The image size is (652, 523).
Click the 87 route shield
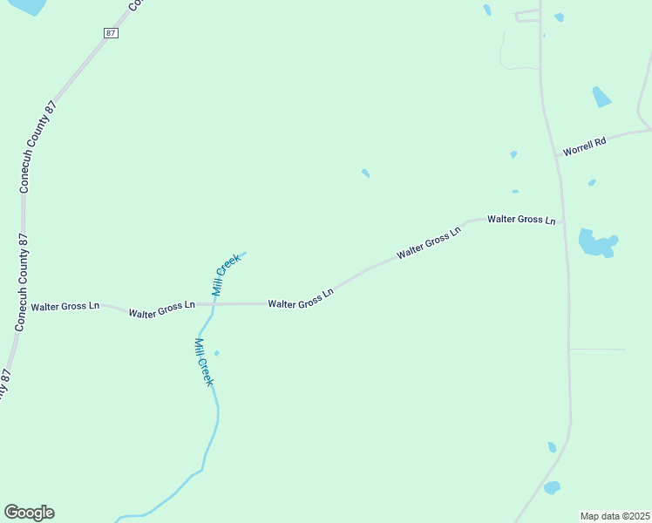click(110, 32)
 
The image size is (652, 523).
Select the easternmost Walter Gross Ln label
click(521, 220)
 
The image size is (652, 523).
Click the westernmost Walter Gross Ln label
click(65, 307)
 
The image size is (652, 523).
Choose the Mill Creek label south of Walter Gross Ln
click(204, 362)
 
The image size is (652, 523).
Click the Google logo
click(29, 513)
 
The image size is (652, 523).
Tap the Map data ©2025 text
click(615, 516)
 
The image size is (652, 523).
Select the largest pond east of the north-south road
click(596, 243)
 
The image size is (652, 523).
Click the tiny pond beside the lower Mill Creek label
click(216, 353)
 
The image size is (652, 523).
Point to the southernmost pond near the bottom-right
click(552, 488)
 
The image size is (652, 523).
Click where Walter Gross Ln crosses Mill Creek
click(214, 304)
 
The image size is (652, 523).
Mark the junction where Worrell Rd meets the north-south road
click(556, 157)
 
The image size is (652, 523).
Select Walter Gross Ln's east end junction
click(565, 221)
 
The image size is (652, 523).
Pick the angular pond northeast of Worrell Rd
click(601, 97)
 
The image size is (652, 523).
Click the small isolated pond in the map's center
click(365, 173)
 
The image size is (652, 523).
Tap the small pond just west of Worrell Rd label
click(513, 154)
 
